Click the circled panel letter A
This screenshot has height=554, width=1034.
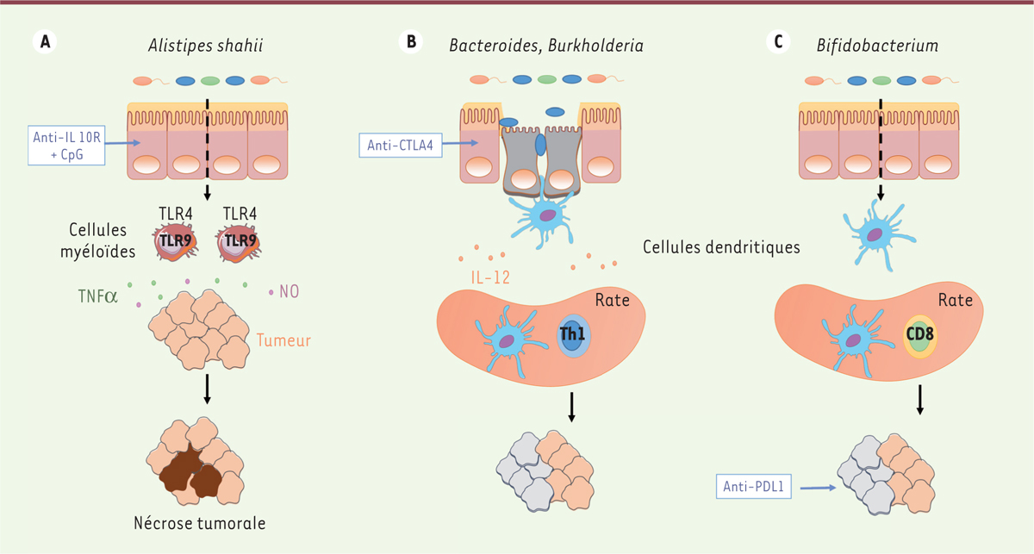pyautogui.click(x=42, y=40)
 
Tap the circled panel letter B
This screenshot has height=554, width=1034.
pyautogui.click(x=412, y=40)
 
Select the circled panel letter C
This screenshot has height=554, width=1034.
pyautogui.click(x=780, y=40)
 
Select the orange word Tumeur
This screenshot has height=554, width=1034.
pyautogui.click(x=283, y=340)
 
